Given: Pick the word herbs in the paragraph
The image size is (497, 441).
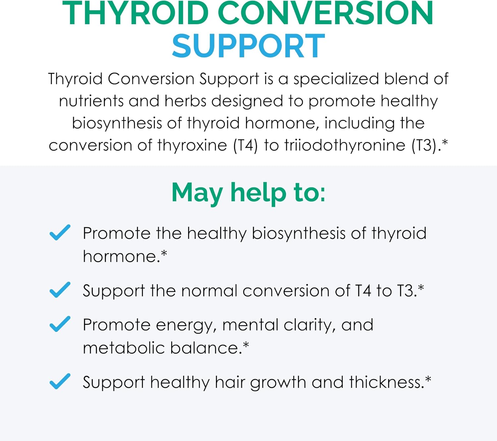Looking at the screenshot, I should [185, 101].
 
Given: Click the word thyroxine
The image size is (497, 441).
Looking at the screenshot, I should [192, 146].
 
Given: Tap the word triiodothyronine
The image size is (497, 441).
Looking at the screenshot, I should [345, 146].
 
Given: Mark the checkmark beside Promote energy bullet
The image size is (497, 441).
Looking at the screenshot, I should [60, 324].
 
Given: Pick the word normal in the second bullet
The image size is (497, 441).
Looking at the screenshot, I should [209, 291].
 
